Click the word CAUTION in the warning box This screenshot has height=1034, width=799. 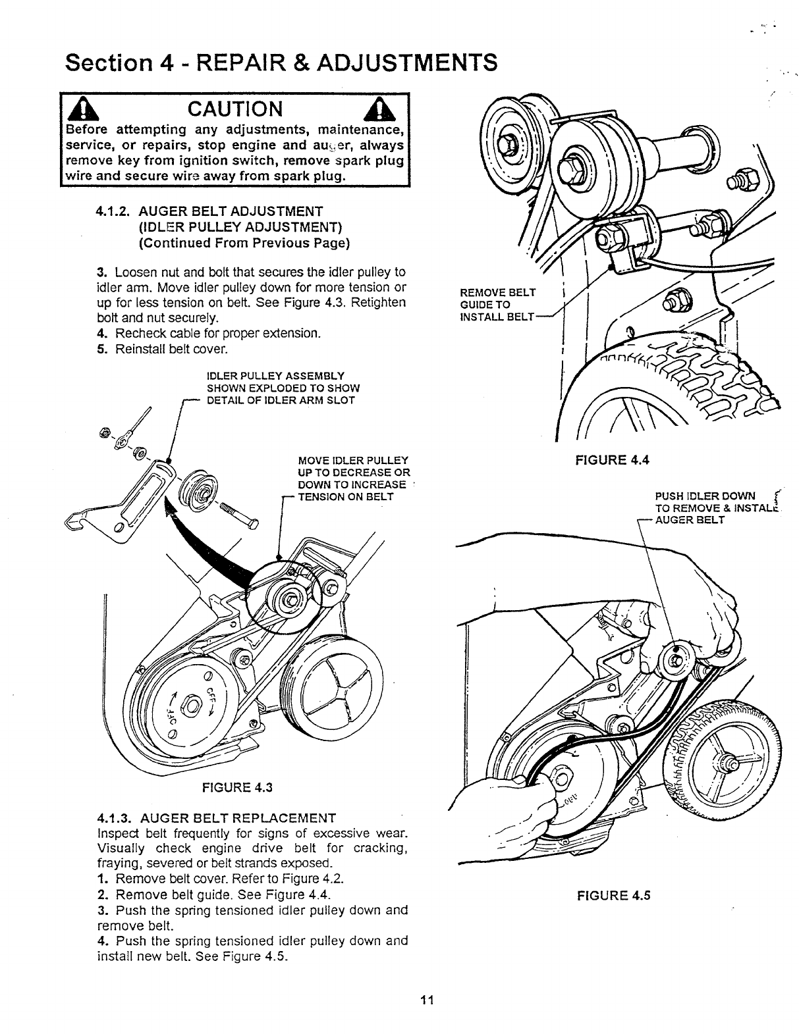coord(234,108)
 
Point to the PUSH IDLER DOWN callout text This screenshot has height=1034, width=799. coord(705,496)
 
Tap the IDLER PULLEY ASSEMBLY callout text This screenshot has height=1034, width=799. coord(283,388)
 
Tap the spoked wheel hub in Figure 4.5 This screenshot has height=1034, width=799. coord(730,763)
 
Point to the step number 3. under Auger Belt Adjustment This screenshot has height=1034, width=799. coord(101,272)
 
